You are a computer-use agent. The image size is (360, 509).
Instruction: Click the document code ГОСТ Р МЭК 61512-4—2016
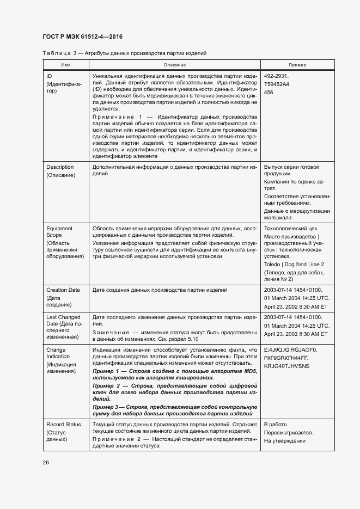tap(82, 36)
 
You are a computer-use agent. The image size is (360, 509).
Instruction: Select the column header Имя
tap(66, 65)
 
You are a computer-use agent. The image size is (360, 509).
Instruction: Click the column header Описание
tap(174, 65)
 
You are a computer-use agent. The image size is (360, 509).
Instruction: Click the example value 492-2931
tap(276, 76)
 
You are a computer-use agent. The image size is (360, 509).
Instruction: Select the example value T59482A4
tap(277, 84)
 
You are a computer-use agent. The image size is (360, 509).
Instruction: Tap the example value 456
tap(269, 93)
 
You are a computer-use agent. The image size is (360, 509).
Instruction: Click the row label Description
tap(60, 167)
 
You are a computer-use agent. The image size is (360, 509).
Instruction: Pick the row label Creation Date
tap(63, 290)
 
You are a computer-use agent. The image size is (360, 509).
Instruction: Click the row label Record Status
tap(64, 424)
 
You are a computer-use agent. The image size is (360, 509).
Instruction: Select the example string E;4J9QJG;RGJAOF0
tap(290, 349)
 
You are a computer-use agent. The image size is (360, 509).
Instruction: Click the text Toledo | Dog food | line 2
tap(294, 264)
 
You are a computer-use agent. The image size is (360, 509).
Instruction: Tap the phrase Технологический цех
tap(290, 229)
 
